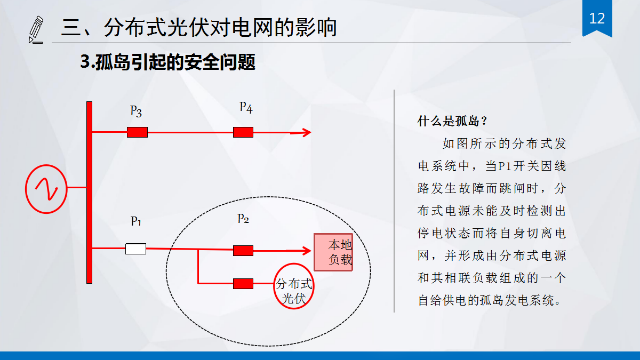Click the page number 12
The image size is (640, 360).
(x=597, y=19)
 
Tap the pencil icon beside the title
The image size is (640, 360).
(x=36, y=30)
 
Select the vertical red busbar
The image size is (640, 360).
(x=89, y=192)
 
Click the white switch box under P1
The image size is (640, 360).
(x=135, y=249)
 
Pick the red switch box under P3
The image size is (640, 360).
(x=137, y=132)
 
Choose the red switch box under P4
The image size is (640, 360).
(x=243, y=132)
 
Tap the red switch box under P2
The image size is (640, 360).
(x=243, y=250)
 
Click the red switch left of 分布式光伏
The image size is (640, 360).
(x=243, y=284)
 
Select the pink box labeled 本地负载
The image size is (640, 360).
(x=333, y=252)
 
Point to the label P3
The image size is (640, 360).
(x=136, y=111)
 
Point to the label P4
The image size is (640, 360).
(x=246, y=107)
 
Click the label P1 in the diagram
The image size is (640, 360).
(x=136, y=221)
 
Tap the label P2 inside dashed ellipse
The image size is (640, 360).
(x=243, y=219)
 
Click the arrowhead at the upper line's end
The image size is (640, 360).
(x=306, y=132)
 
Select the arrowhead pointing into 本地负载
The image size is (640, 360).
(x=307, y=250)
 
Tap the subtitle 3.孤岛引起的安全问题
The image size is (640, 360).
(x=167, y=62)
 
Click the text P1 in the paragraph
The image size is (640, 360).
(x=505, y=166)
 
